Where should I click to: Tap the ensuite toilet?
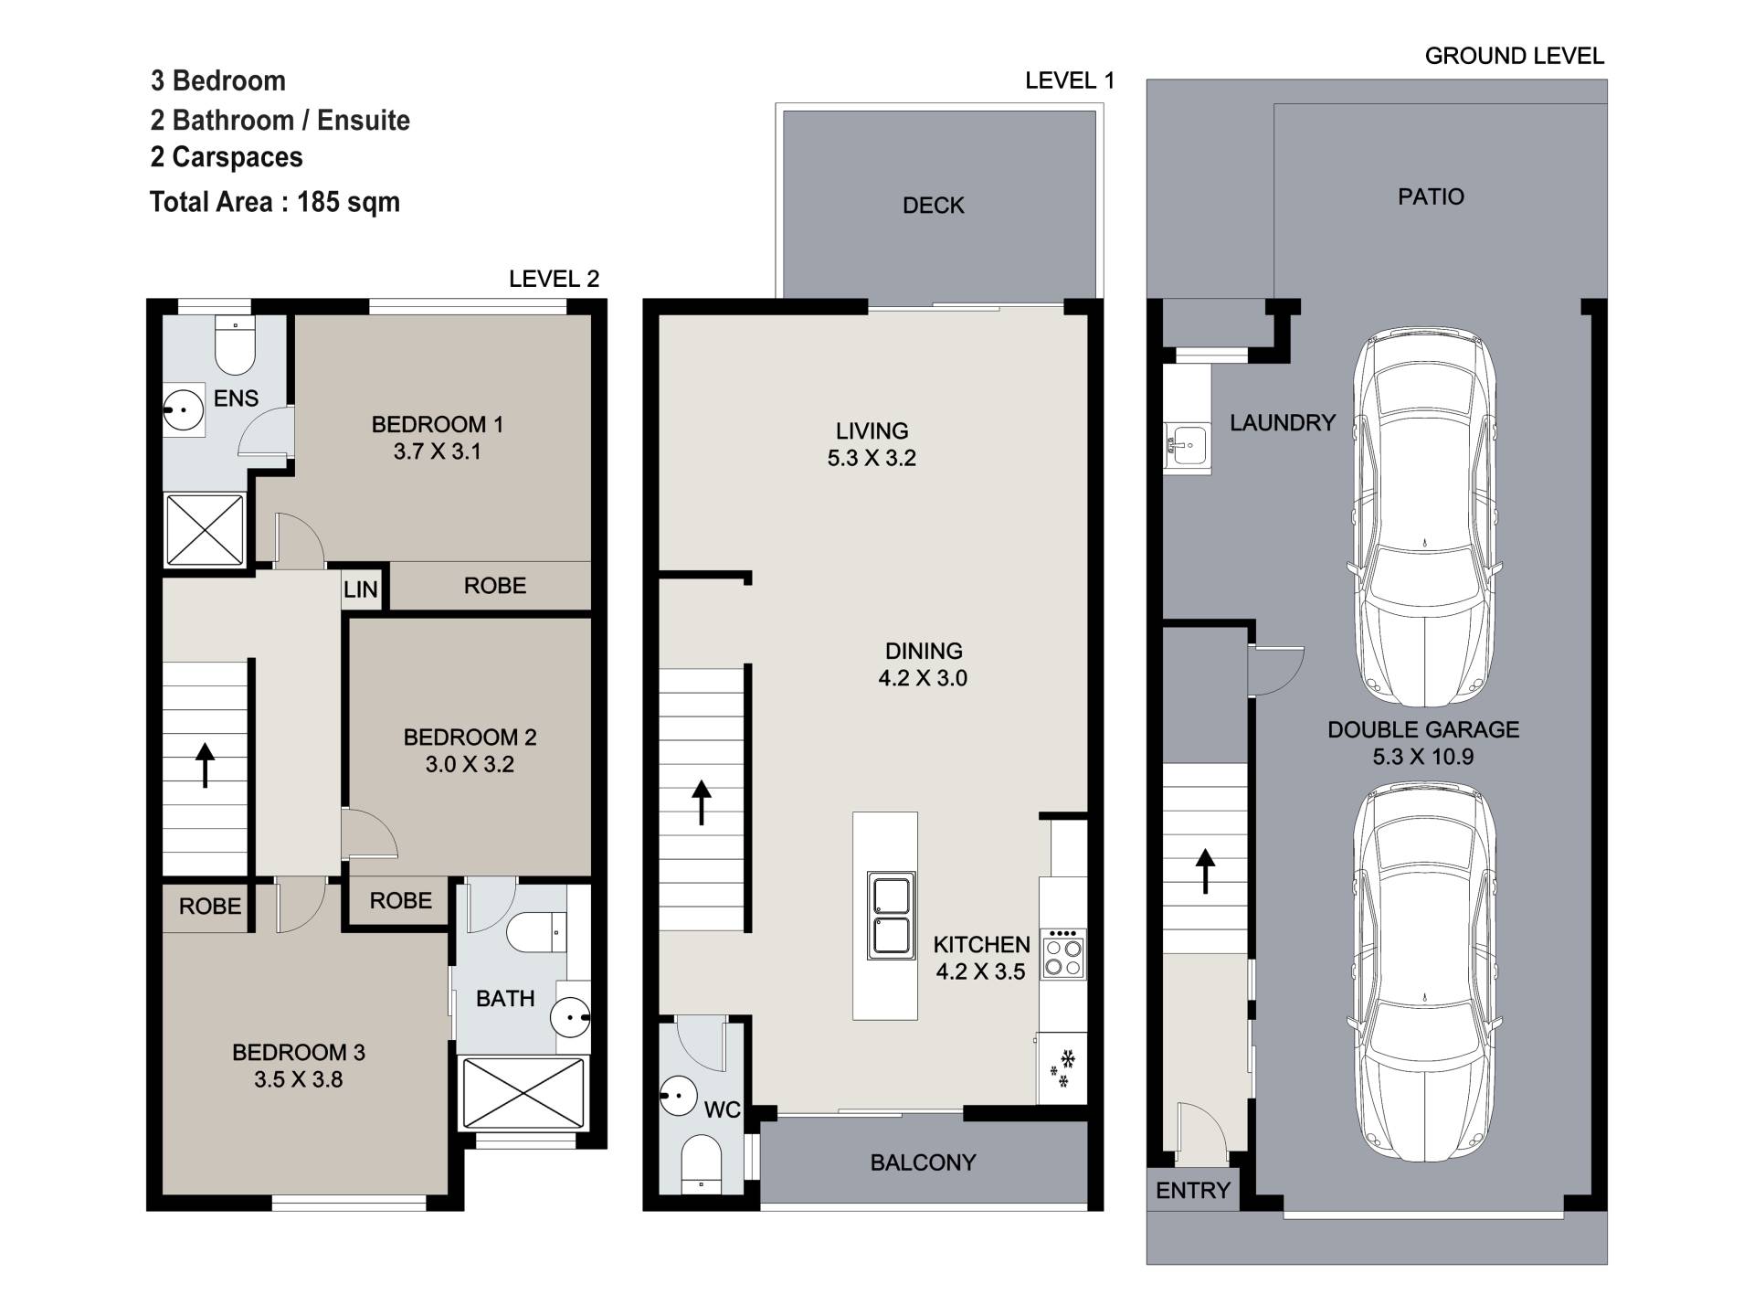point(236,345)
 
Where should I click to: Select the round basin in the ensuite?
point(184,409)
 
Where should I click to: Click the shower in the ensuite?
point(205,529)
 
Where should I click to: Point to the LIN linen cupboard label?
point(361,589)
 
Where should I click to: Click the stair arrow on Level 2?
point(206,765)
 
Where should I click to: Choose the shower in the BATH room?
point(523,1093)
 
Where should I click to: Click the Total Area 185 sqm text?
point(275,202)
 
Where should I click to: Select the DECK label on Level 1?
point(934,206)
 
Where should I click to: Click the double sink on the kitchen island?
point(892,915)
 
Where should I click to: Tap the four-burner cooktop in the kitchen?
point(1063,953)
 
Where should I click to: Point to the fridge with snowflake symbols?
point(1062,1068)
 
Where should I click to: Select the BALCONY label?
point(923,1162)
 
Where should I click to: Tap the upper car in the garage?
point(1424,516)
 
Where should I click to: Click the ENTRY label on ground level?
point(1193,1190)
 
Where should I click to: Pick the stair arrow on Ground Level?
point(1206,871)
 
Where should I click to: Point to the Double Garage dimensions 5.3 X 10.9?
point(1423,757)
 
